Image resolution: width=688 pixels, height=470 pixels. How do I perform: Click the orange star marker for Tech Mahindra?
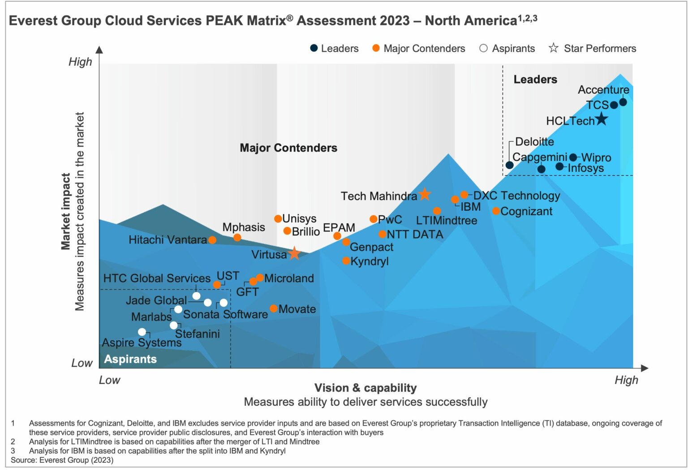(425, 195)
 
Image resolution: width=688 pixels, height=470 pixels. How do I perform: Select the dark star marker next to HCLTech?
(601, 119)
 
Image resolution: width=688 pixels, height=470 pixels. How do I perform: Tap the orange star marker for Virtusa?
(294, 253)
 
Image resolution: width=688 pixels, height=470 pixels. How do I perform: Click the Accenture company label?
(603, 90)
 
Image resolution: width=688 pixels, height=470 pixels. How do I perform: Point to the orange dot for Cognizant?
(496, 211)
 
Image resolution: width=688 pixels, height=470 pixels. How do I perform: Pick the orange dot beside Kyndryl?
(346, 261)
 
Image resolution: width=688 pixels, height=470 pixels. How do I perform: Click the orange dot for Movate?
(273, 309)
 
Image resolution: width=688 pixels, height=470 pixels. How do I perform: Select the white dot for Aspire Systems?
(142, 332)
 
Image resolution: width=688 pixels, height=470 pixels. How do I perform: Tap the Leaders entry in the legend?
(334, 48)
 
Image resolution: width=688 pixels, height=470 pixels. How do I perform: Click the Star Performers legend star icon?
(554, 48)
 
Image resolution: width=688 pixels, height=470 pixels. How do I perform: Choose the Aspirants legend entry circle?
(483, 48)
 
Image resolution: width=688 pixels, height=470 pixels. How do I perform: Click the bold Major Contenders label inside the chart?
(288, 148)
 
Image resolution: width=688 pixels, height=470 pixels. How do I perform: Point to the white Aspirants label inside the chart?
(130, 359)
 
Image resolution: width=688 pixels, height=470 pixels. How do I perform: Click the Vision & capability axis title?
(365, 388)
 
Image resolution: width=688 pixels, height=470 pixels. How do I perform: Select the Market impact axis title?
(66, 211)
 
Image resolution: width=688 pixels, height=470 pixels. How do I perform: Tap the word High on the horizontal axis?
(626, 380)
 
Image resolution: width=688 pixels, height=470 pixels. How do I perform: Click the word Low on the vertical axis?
(82, 363)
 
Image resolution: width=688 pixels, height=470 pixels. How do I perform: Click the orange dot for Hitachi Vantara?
(212, 240)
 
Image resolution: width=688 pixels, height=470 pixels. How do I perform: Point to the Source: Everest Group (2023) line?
(62, 460)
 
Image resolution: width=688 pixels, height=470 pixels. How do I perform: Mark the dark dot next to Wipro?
(573, 157)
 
